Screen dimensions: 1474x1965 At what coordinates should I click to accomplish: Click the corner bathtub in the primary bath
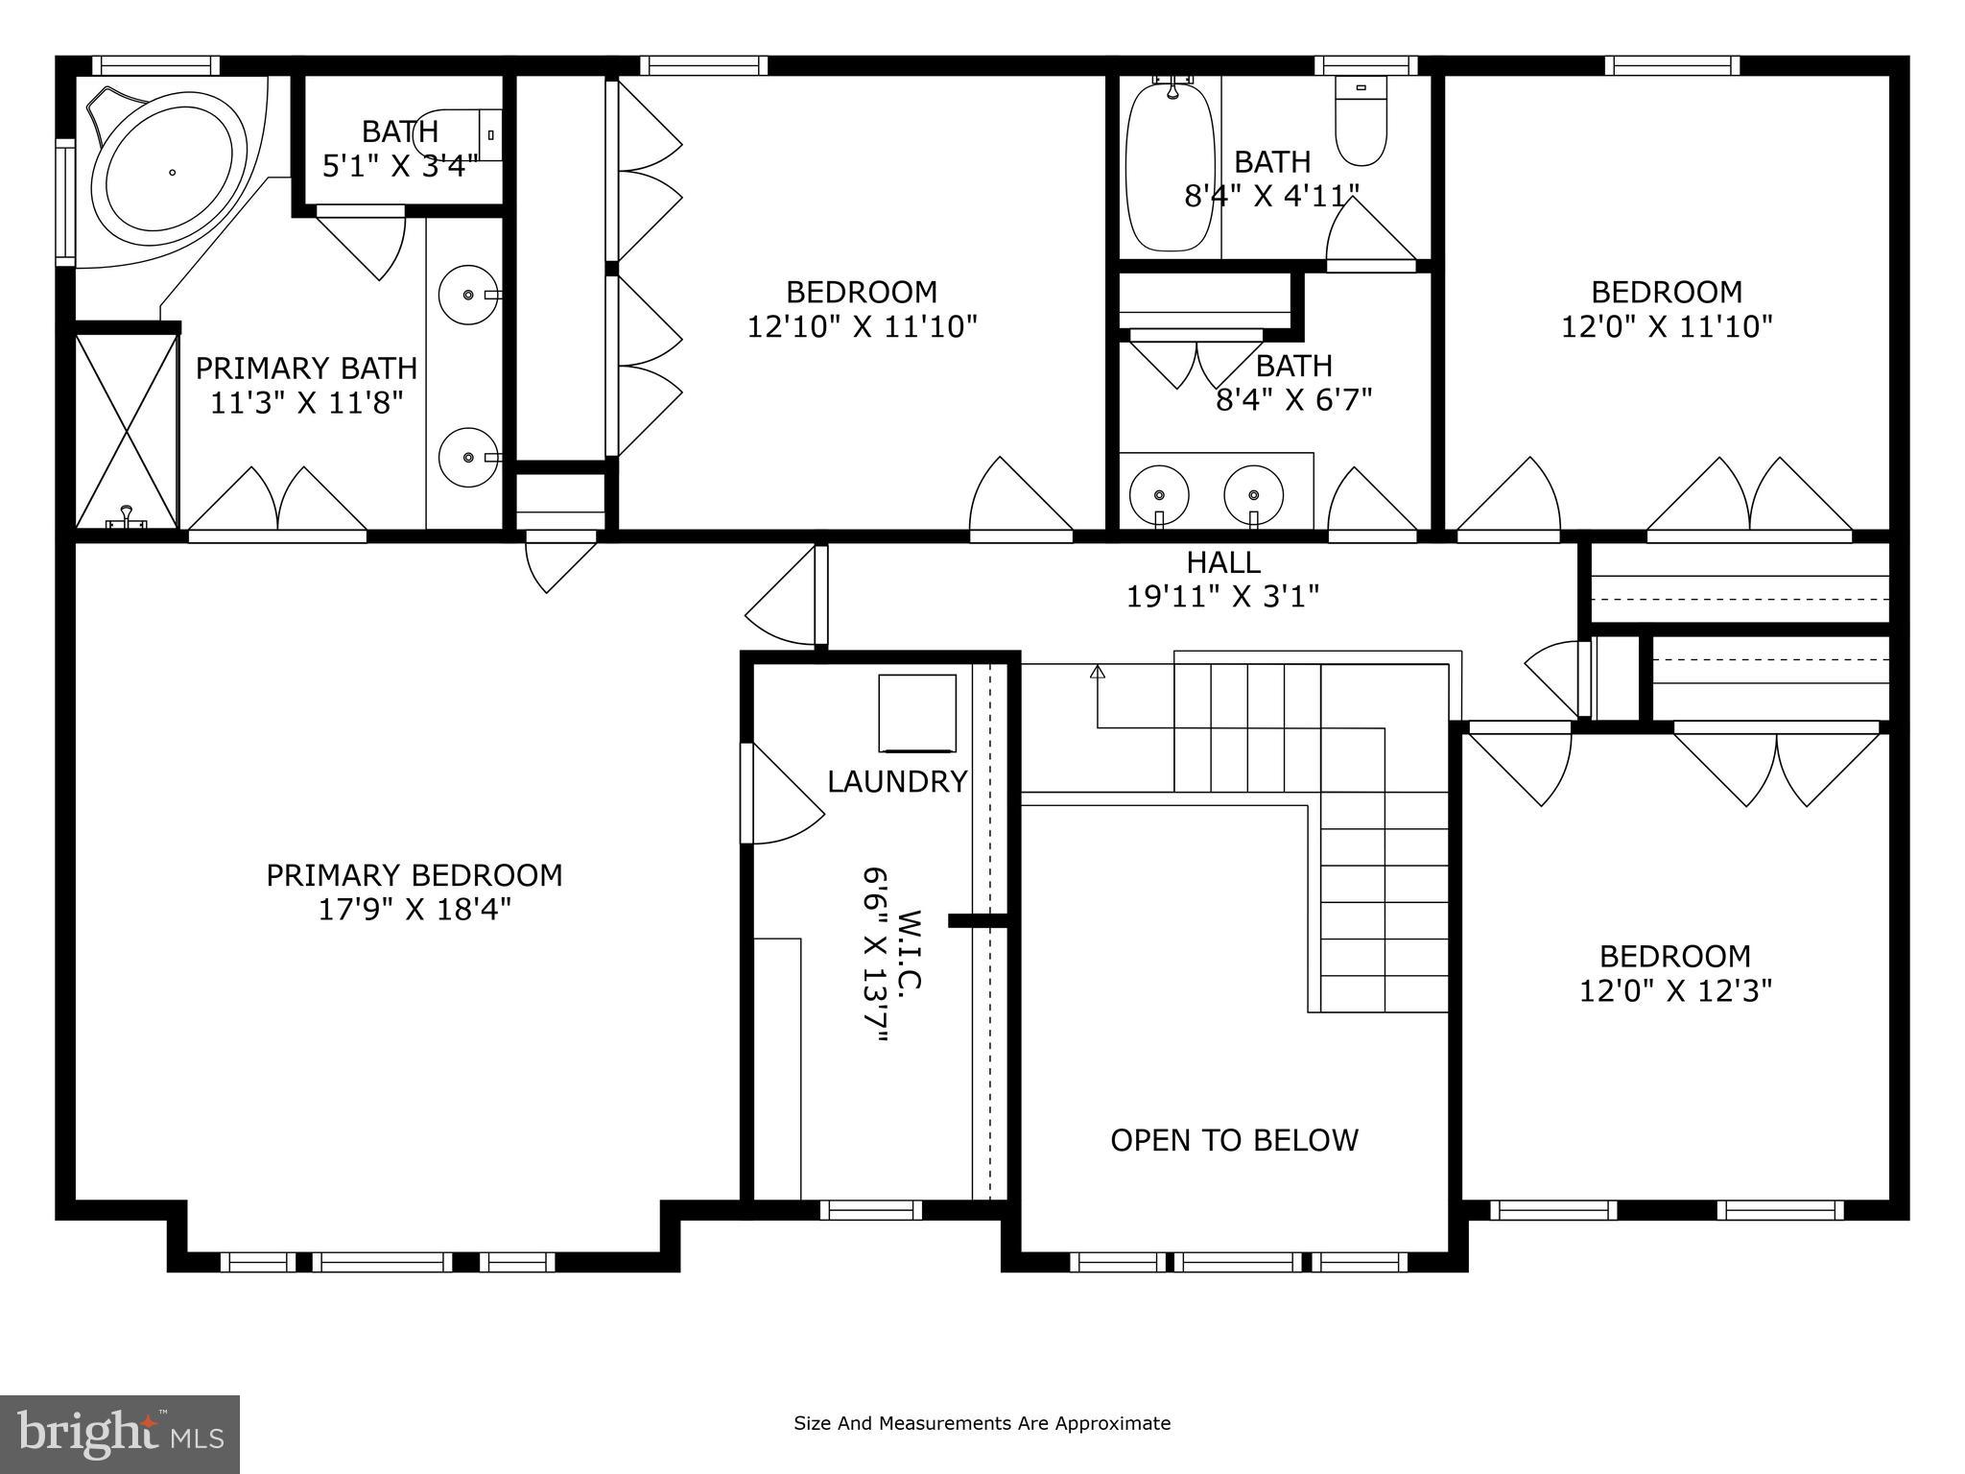(x=169, y=173)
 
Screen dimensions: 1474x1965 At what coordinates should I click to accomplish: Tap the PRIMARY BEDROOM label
(x=414, y=875)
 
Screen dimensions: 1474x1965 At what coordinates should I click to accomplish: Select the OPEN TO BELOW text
(x=1234, y=1140)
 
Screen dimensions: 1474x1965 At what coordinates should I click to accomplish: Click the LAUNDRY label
(x=897, y=782)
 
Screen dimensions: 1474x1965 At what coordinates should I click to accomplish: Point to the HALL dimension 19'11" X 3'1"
(x=1222, y=597)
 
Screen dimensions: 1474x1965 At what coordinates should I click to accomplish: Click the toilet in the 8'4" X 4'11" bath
(x=1361, y=123)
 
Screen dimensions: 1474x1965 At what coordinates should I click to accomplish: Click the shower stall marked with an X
(x=127, y=430)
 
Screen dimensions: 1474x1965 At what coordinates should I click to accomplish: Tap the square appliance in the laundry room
(x=917, y=713)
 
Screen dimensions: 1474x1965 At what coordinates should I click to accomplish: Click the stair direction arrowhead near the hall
(x=1098, y=671)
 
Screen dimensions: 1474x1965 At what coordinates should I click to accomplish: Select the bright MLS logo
(x=120, y=1434)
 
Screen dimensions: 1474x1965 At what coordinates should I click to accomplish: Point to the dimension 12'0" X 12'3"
(x=1675, y=990)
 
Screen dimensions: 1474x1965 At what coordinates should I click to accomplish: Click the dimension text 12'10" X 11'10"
(x=862, y=327)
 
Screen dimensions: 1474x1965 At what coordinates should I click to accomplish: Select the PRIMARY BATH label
(x=306, y=368)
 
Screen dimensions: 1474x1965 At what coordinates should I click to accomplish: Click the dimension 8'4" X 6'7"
(x=1293, y=399)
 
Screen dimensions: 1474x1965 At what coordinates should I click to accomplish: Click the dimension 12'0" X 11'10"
(x=1666, y=327)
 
